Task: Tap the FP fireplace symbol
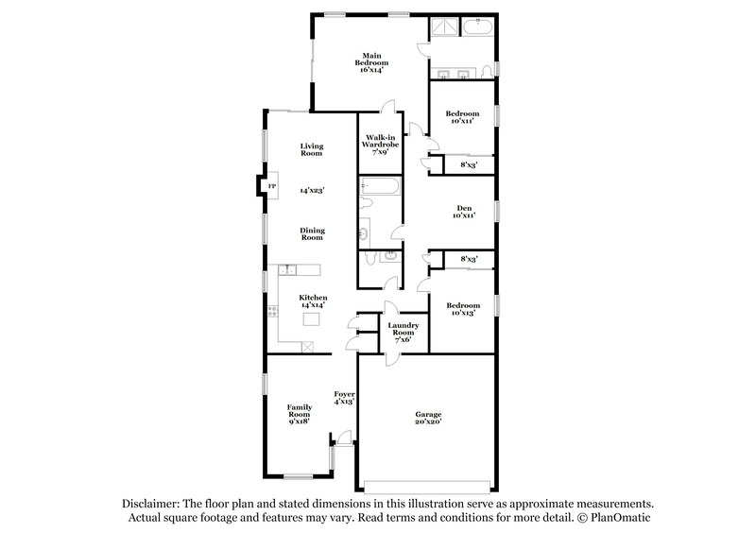pos(272,187)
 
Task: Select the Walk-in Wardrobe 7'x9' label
pos(381,145)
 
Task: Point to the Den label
pos(463,211)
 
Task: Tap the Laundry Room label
pos(403,331)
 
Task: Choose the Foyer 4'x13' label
pos(344,397)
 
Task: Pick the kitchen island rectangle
pos(312,318)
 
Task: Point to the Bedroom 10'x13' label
pos(463,309)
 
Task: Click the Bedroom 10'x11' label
pos(462,117)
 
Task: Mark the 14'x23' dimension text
pos(312,191)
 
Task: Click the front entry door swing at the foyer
pos(343,438)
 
